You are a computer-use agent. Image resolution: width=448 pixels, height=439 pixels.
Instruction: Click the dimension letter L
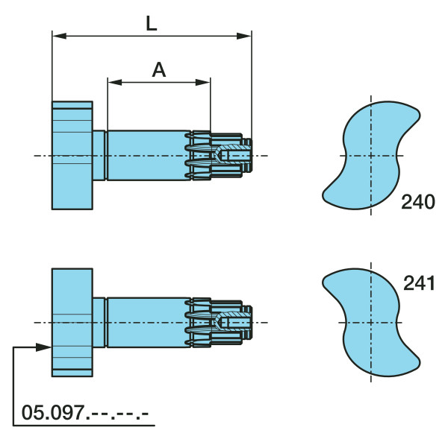point(151,23)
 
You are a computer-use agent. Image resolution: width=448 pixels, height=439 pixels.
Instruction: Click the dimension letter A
point(159,70)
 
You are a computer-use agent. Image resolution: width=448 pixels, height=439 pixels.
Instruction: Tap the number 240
point(417,202)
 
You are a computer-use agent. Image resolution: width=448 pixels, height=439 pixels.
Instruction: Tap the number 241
point(419,283)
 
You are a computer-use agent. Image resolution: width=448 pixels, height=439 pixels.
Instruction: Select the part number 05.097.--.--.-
point(85,412)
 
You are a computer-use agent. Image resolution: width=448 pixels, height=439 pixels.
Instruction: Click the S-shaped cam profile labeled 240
point(371,156)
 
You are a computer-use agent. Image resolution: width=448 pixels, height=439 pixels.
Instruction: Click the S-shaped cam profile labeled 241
point(371,322)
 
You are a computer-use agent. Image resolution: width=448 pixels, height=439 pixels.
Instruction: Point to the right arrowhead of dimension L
point(244,36)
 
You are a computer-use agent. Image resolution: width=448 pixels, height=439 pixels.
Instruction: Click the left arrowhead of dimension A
point(115,83)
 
